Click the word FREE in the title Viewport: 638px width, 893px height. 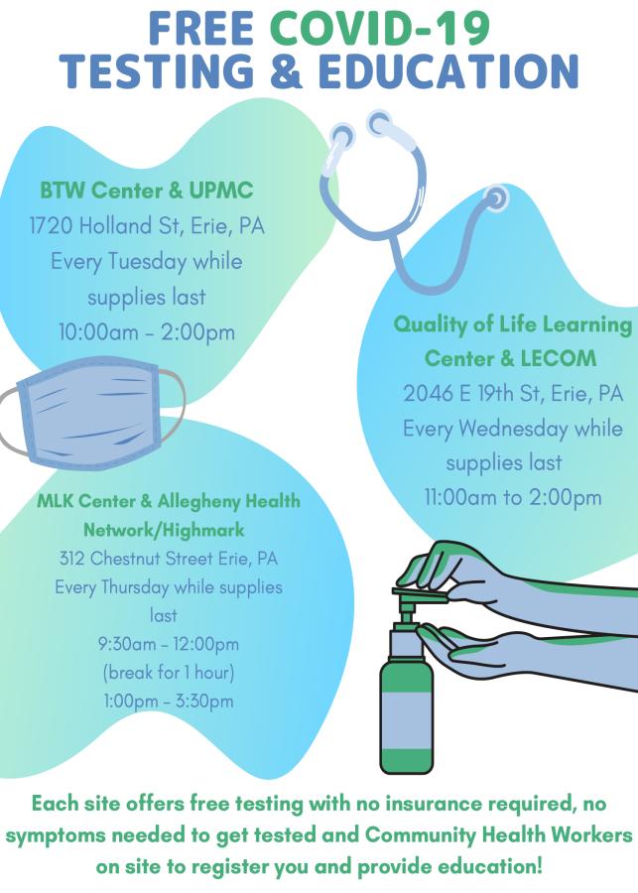pyautogui.click(x=201, y=29)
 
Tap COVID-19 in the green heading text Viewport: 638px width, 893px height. pyautogui.click(x=380, y=29)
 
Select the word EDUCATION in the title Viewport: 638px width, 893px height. pyautogui.click(x=448, y=71)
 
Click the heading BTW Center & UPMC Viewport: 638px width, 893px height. pyautogui.click(x=147, y=191)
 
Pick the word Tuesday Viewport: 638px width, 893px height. pyautogui.click(x=147, y=262)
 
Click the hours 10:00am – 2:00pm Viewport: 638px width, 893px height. pyautogui.click(x=147, y=332)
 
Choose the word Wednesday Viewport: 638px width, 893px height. pyautogui.click(x=513, y=429)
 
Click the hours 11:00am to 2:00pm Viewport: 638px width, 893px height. pyautogui.click(x=513, y=498)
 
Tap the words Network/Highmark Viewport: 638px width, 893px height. pyautogui.click(x=164, y=530)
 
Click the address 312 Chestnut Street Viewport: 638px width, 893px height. pyautogui.click(x=137, y=558)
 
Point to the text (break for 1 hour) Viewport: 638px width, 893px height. pyautogui.click(x=169, y=673)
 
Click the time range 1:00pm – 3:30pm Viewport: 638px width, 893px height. pyautogui.click(x=169, y=702)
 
